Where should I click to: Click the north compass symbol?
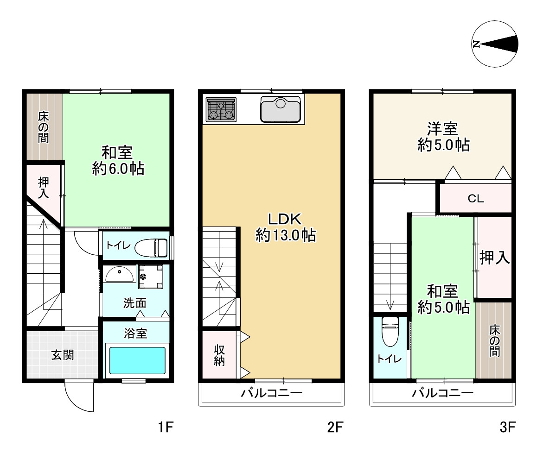(495, 44)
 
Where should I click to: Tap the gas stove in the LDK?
(220, 110)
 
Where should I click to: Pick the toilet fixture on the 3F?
(390, 330)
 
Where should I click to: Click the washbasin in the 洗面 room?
(119, 275)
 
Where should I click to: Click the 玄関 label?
(62, 355)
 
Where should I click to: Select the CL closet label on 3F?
(475, 200)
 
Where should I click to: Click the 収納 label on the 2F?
(219, 355)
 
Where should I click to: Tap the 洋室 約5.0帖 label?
(443, 137)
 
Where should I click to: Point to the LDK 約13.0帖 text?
(286, 227)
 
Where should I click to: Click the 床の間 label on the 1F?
(44, 126)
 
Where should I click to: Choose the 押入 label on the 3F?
(494, 258)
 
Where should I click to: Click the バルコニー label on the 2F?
(271, 394)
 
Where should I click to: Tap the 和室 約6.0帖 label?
(117, 160)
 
